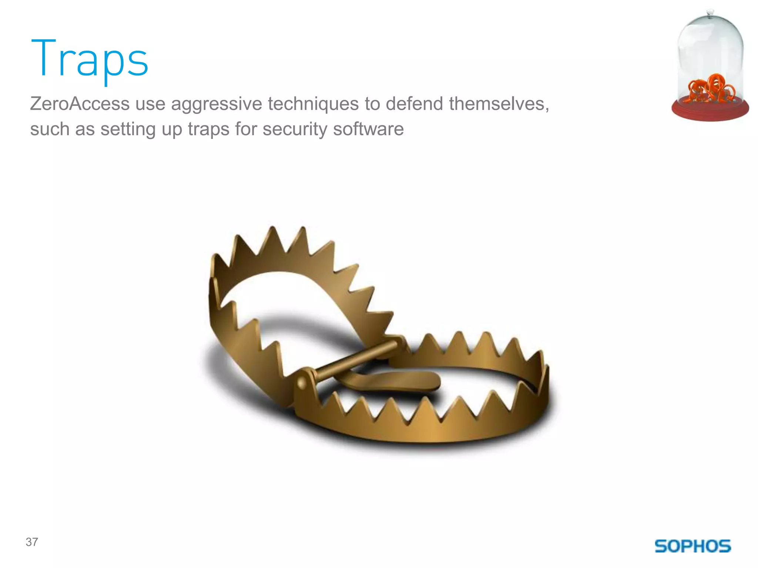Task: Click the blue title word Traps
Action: click(x=89, y=59)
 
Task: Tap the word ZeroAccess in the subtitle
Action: click(x=80, y=104)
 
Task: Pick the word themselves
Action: click(x=499, y=104)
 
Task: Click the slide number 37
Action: click(x=32, y=542)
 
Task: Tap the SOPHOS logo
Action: click(x=693, y=546)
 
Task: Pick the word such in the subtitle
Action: click(x=50, y=129)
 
